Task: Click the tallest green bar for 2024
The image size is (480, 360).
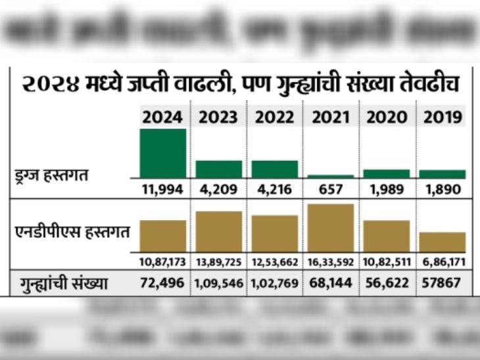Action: [x=163, y=153]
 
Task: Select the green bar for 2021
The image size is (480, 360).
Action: [x=330, y=176]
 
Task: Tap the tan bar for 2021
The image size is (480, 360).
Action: [x=330, y=228]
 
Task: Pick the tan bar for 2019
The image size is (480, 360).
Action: [x=443, y=242]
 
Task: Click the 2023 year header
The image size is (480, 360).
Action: [x=219, y=118]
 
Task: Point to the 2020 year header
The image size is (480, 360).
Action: [x=387, y=118]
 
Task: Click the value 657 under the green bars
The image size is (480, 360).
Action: [x=331, y=190]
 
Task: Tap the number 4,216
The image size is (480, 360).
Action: [x=275, y=190]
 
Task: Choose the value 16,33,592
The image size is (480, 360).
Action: [x=331, y=262]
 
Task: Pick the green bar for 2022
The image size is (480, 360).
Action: [x=275, y=169]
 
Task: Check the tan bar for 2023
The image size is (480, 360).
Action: [x=219, y=231]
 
